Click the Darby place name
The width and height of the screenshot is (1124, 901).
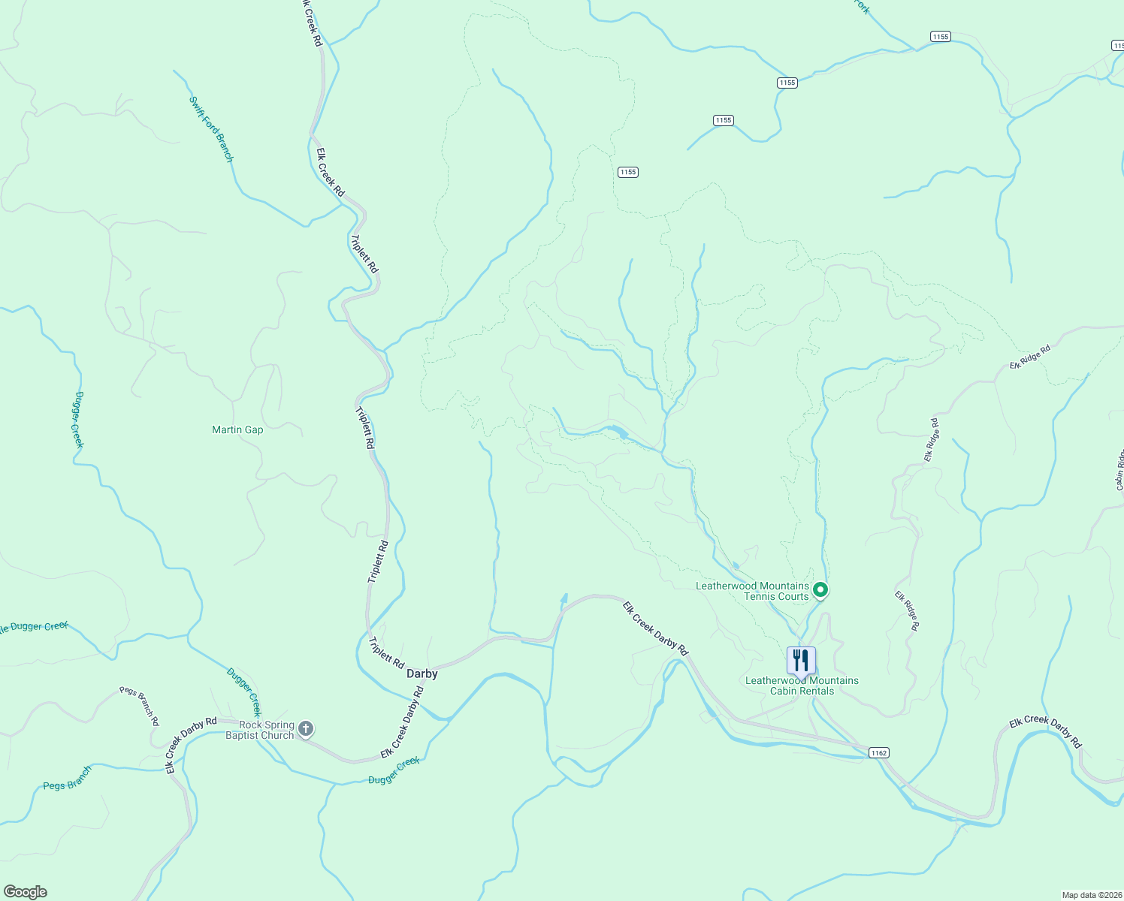coord(421,673)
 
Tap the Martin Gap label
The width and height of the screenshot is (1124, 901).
coord(237,429)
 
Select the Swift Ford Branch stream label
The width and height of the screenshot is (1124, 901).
coord(211,129)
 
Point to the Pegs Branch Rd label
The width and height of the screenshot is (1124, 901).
coord(140,706)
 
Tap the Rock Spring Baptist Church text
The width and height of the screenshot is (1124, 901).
coord(260,730)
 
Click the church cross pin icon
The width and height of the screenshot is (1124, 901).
coord(306,728)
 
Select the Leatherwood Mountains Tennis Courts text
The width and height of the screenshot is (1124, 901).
coord(752,591)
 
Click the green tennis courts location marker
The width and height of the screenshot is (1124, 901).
coord(821,590)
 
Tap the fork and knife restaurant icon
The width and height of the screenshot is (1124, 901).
coord(801,661)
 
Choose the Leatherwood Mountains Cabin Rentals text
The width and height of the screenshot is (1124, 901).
coord(802,686)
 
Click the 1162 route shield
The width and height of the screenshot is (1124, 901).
coord(878,752)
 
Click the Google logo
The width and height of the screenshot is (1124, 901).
coord(25,892)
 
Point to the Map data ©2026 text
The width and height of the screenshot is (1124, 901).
coord(1091,895)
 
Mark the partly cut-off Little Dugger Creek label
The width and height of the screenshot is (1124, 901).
coord(35,627)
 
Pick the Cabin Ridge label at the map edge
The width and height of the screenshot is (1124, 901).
coord(1119,470)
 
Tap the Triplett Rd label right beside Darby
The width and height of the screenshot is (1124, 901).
coord(387,653)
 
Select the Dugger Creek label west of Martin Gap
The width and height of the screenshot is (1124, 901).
coord(79,420)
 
